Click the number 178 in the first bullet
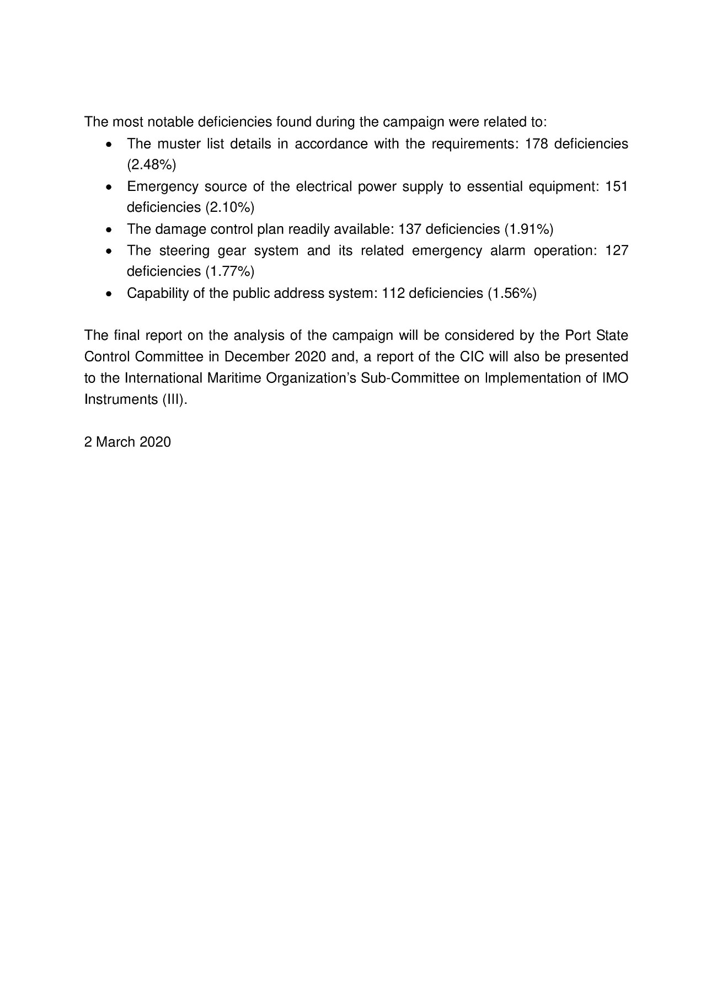pos(536,144)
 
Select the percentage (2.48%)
pos(151,165)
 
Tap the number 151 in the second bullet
pos(617,186)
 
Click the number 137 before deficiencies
pos(410,229)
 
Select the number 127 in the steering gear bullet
pos(617,250)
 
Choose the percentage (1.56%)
pos(512,293)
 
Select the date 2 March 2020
pos(127,442)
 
